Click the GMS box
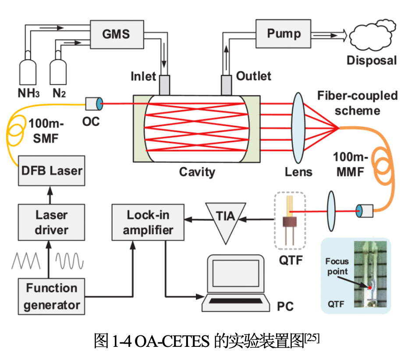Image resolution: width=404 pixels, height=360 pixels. [116, 33]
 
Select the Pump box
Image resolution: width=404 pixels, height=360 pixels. [284, 33]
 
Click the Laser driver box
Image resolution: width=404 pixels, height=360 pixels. [51, 222]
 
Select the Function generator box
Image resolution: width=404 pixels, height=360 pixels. [51, 296]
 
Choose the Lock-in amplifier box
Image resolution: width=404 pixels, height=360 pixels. [148, 222]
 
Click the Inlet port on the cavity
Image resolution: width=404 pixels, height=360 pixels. [164, 85]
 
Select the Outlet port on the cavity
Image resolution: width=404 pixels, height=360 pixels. [227, 85]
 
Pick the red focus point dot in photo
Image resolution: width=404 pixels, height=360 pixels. [370, 287]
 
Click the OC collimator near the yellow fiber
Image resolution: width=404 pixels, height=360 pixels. [93, 104]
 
